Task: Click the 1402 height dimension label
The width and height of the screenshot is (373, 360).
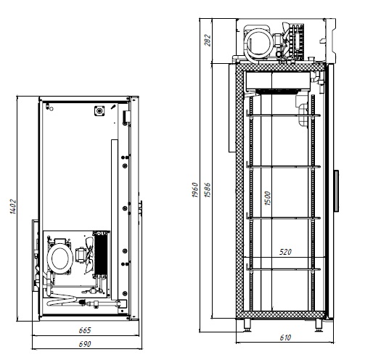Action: (13, 207)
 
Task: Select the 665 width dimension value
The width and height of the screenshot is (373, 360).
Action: (85, 330)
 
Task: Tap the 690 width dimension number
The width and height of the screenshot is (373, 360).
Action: (85, 344)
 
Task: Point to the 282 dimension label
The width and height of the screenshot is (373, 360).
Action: (208, 40)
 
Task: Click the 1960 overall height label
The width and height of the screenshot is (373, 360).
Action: (195, 190)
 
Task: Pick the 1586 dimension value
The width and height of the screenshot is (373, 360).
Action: (208, 190)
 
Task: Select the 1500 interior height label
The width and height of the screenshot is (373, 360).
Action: (267, 198)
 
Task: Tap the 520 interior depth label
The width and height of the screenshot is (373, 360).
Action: (285, 252)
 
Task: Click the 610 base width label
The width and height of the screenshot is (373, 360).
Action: (285, 337)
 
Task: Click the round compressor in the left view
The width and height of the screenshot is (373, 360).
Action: (60, 258)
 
